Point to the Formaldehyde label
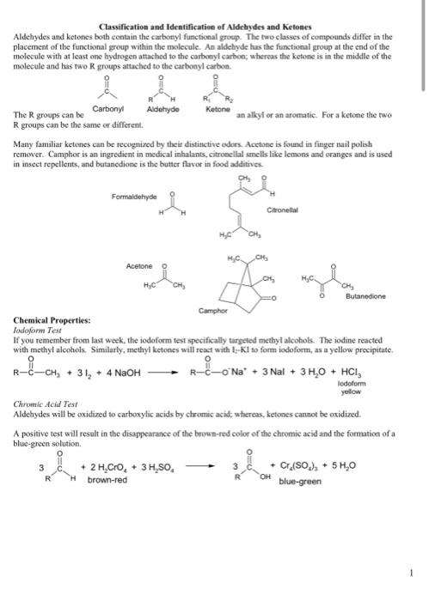click(137, 197)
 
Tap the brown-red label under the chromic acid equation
click(107, 480)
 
